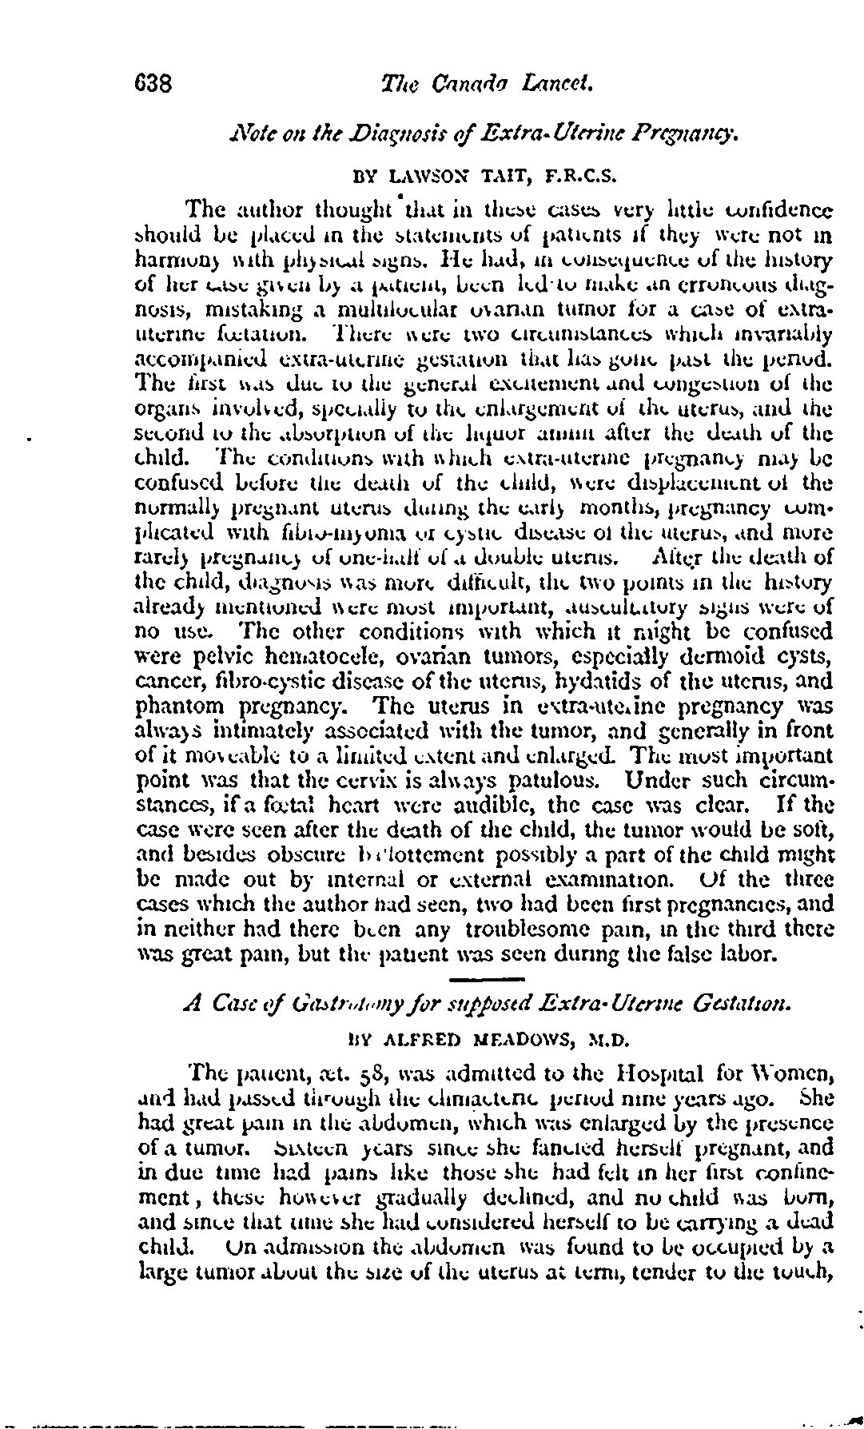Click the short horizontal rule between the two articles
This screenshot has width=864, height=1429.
coord(486,979)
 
